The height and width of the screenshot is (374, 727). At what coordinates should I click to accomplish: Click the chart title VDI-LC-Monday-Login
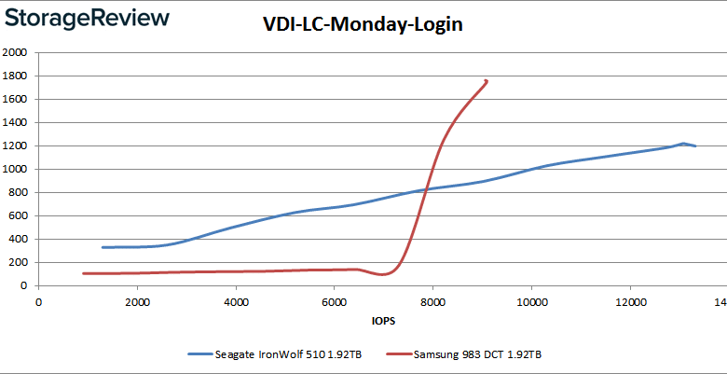pos(363,25)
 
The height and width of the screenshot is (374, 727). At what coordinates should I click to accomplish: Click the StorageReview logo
pos(86,19)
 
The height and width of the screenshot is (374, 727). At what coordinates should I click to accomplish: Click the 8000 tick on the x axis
pos(432,301)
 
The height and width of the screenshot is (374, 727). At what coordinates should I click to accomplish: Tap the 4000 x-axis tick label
pos(236,301)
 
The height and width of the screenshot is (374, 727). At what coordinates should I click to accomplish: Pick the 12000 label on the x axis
pos(630,301)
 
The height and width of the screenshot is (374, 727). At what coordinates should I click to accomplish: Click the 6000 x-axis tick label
pos(335,301)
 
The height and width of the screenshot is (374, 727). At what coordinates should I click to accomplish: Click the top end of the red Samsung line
pos(487,81)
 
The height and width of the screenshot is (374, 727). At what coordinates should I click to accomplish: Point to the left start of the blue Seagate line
pos(103,247)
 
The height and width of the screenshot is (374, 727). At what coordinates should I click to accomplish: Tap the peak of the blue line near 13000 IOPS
pos(683,144)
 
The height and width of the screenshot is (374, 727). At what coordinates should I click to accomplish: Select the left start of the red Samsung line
pos(83,273)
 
